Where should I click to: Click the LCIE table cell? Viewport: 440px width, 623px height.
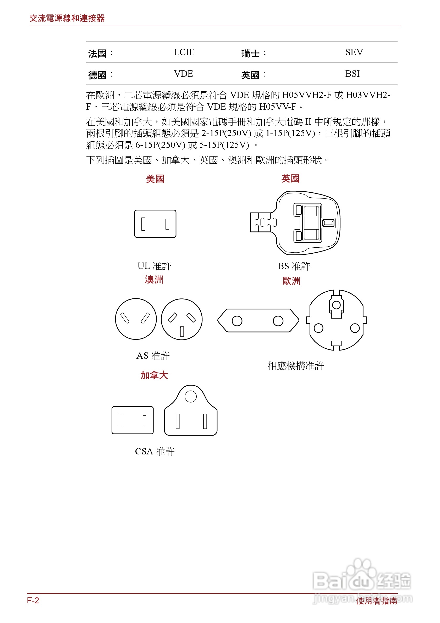point(184,52)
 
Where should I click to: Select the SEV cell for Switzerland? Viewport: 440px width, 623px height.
point(354,52)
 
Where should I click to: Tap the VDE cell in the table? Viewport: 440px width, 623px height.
point(184,74)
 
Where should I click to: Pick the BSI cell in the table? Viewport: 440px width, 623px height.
point(352,74)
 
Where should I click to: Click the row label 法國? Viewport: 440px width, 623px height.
point(97,53)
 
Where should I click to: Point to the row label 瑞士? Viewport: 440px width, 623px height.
point(250,53)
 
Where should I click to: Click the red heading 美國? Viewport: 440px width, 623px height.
point(155,179)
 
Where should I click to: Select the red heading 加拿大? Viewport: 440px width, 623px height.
point(154,375)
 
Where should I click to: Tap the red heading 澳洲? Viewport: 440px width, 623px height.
point(154,280)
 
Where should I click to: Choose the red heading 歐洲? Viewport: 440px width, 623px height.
point(291,281)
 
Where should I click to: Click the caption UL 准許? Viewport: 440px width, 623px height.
point(154,266)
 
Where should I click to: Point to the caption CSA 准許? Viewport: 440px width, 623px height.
point(155,451)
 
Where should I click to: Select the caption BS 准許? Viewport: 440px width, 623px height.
point(294,266)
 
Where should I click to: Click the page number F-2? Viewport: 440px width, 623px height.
point(33,600)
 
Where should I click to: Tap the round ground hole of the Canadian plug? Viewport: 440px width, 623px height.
point(191,396)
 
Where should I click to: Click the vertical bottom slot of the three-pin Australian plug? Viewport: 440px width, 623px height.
point(182,331)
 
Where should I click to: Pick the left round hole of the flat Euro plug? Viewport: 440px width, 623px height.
point(237,321)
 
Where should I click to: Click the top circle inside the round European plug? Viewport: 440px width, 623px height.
point(336,305)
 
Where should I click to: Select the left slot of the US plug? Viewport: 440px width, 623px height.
point(143,224)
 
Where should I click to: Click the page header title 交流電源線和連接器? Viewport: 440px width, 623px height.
point(67,18)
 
